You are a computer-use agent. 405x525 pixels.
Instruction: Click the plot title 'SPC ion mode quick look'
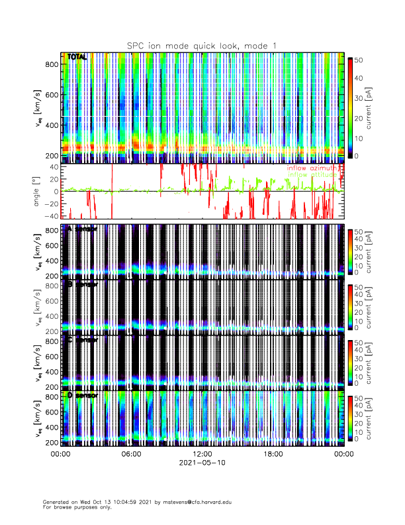click(x=202, y=45)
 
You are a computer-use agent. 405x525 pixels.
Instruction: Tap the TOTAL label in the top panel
click(x=77, y=58)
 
